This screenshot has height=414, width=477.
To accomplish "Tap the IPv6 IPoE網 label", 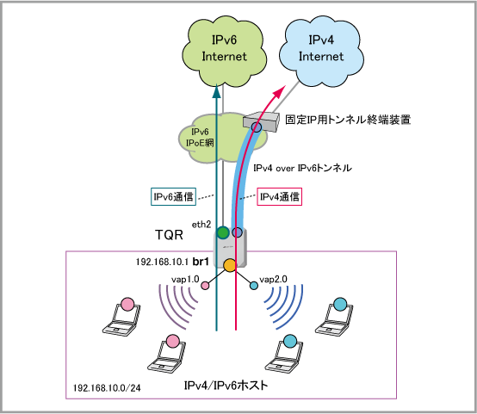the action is click(200, 137).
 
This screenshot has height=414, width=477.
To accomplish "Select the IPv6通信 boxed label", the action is click(173, 196).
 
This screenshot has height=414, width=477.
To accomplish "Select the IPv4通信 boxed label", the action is click(279, 196).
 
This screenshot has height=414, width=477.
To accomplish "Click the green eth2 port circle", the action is click(223, 232).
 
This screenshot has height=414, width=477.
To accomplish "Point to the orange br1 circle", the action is click(230, 265).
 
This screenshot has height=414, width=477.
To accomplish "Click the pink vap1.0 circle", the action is click(205, 286).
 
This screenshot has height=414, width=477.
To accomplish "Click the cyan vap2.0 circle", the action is click(254, 286).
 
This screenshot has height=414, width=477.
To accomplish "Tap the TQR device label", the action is click(169, 235).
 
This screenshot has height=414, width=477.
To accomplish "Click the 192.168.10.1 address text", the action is click(163, 262).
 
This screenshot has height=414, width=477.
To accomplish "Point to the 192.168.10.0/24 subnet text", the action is click(107, 388).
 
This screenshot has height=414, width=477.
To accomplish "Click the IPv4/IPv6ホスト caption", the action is click(226, 386).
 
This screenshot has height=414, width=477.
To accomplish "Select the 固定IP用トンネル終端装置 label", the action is click(348, 120).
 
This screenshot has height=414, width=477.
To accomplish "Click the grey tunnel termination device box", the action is click(261, 121).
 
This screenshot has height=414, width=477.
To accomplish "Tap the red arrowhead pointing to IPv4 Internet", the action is click(280, 91).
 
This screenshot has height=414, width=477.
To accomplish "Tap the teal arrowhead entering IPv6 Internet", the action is click(216, 91).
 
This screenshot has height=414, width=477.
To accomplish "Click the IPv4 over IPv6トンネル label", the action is click(303, 168).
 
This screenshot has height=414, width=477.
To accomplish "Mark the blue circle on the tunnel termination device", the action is click(257, 127).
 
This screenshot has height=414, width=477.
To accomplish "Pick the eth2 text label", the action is click(201, 225).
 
